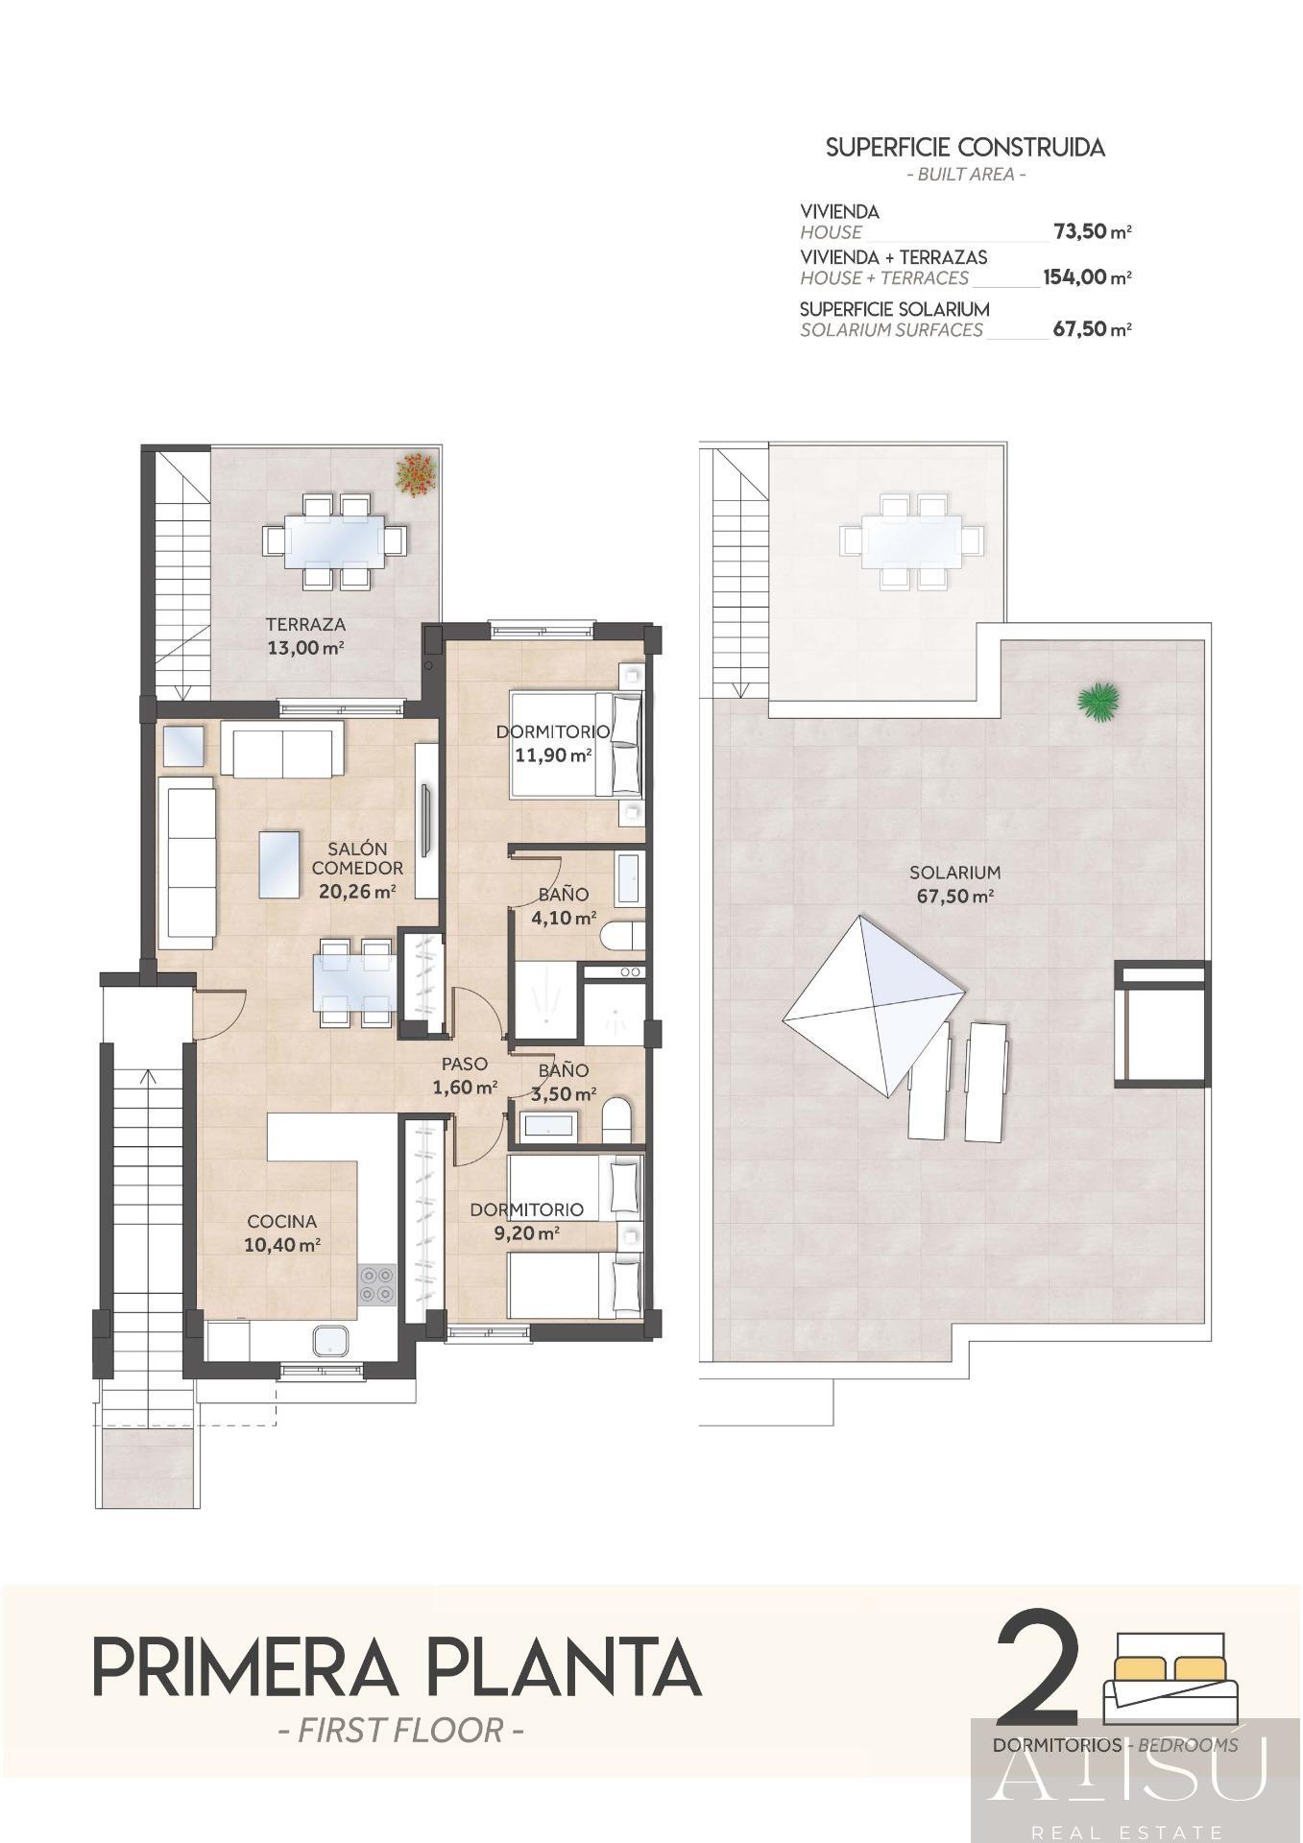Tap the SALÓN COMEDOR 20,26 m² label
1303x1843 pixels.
pos(357,870)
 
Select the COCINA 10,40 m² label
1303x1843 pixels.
pos(282,1233)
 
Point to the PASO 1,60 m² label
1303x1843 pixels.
pos(465,1075)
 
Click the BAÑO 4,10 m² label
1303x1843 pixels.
pos(564,906)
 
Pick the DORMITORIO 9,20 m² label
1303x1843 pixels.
pos(526,1221)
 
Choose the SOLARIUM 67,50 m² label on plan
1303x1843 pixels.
pos(954,884)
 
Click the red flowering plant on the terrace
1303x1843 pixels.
pos(417,475)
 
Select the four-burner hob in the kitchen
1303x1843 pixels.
pos(376,1284)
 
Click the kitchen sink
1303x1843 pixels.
pos(329,1342)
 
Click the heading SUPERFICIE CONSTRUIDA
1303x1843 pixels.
pos(965,148)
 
